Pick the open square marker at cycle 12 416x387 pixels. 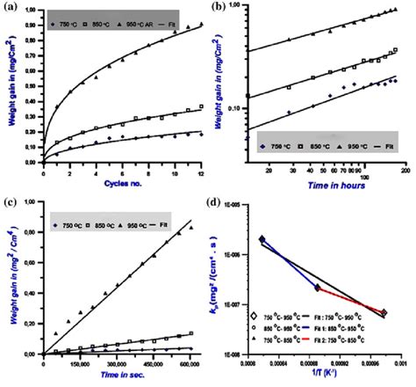tap(202, 106)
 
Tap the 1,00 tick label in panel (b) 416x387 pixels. tap(230, 6)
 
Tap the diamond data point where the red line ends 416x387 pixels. tap(384, 313)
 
